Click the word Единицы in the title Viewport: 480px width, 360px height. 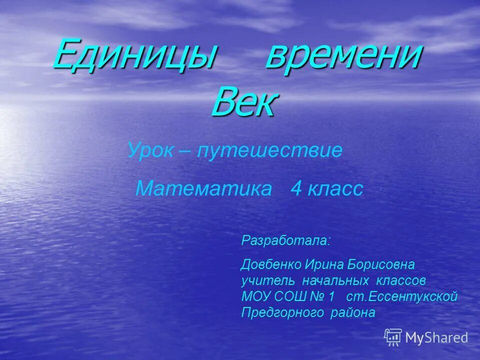pos(134,55)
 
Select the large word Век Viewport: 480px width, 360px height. pos(243,102)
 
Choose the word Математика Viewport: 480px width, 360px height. pos(204,189)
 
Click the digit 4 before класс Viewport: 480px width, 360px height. pos(296,189)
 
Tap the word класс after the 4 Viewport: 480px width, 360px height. pos(335,189)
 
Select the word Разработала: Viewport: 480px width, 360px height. pos(286,240)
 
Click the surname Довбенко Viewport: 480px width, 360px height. pos(270,263)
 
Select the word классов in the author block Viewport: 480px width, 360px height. pos(400,280)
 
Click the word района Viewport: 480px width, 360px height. pos(352,313)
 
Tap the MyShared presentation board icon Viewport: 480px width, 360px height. pos(393,337)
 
